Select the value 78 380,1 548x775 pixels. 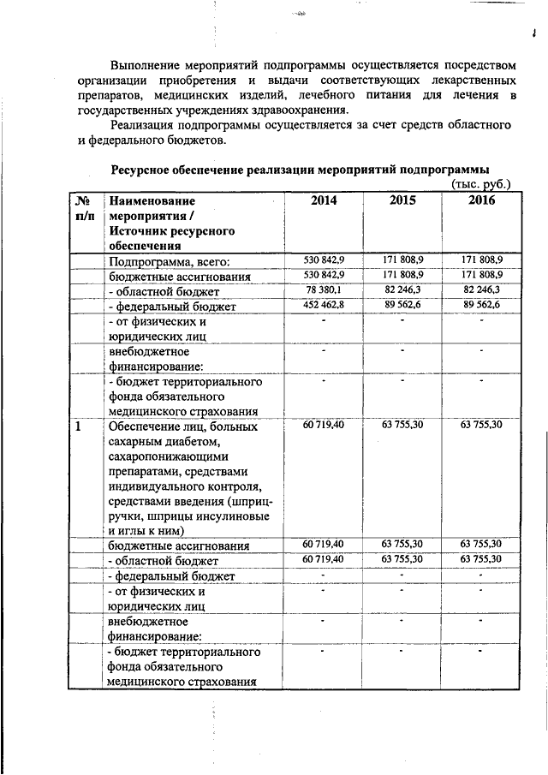click(325, 290)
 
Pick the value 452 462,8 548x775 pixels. click(324, 305)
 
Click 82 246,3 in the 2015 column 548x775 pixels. click(402, 290)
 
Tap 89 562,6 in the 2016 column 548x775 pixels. click(481, 305)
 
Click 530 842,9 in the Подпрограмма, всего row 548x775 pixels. click(324, 259)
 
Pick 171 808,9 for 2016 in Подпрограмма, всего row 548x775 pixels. click(481, 259)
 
